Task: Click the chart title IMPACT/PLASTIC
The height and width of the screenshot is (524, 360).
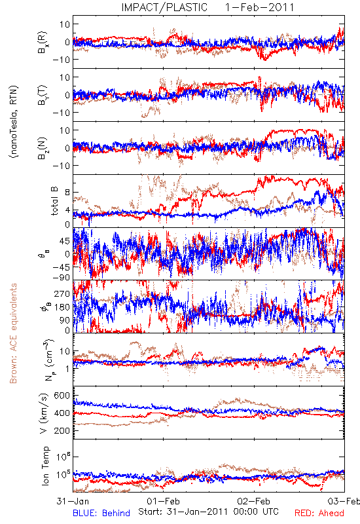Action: click(x=164, y=7)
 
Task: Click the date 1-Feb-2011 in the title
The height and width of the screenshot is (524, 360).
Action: click(x=259, y=7)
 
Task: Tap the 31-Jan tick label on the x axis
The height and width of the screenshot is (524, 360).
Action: click(x=73, y=501)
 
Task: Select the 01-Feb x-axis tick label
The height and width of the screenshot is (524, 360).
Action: click(x=163, y=501)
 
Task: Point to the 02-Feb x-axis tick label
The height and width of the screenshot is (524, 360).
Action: click(x=254, y=501)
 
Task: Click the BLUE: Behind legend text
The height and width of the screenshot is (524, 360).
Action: click(x=101, y=513)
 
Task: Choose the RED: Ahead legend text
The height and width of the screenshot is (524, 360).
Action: click(x=319, y=513)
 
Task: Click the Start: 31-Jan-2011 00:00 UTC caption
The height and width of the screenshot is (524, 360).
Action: click(x=208, y=512)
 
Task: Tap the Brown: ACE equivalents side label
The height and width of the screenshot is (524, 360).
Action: click(x=13, y=333)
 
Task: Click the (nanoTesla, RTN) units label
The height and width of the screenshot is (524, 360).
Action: click(x=14, y=122)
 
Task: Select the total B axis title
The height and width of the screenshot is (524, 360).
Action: click(x=54, y=201)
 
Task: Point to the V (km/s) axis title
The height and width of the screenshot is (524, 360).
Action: click(x=44, y=413)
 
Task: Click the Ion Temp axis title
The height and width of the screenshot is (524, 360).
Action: click(x=45, y=466)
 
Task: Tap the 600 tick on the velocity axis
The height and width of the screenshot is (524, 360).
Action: click(x=62, y=396)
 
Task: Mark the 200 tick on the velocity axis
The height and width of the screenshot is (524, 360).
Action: click(x=62, y=430)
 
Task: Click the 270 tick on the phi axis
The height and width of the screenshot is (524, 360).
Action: click(x=62, y=293)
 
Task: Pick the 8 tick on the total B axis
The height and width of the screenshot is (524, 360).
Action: click(x=67, y=193)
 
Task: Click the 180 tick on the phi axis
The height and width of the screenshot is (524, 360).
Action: click(x=62, y=307)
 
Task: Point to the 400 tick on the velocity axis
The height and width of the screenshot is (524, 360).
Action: click(x=62, y=413)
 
